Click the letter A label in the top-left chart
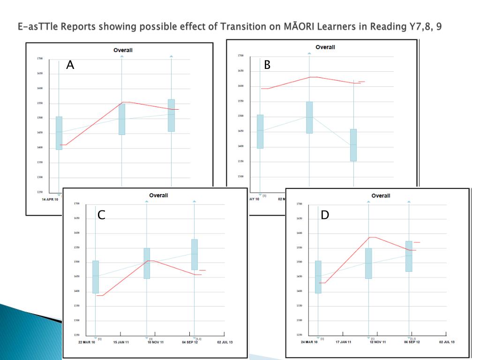pyautogui.click(x=70, y=65)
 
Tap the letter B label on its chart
pyautogui.click(x=267, y=65)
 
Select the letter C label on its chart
pyautogui.click(x=101, y=215)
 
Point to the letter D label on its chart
pyautogui.click(x=325, y=215)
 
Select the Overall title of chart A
pyautogui.click(x=123, y=50)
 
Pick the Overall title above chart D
pyautogui.click(x=381, y=195)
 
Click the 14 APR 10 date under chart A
pyautogui.click(x=50, y=199)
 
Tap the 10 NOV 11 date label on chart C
pyautogui.click(x=156, y=342)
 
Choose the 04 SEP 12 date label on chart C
pyautogui.click(x=190, y=342)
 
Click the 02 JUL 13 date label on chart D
pyautogui.click(x=447, y=342)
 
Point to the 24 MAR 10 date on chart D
pyautogui.click(x=309, y=342)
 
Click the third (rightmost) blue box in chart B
pyautogui.click(x=353, y=145)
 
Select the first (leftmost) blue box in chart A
pyautogui.click(x=59, y=133)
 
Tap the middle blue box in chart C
pyautogui.click(x=147, y=263)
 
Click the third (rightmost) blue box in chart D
pyautogui.click(x=409, y=256)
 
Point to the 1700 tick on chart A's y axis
pyautogui.click(x=39, y=59)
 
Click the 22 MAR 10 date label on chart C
pyautogui.click(x=86, y=342)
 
